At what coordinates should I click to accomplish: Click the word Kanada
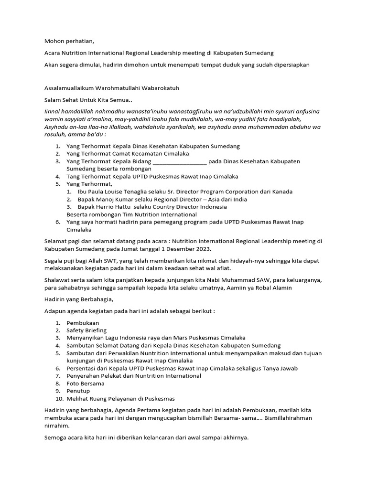click(282, 191)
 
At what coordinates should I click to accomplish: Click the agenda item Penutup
click(78, 391)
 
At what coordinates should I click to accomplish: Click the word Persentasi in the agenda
click(82, 368)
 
